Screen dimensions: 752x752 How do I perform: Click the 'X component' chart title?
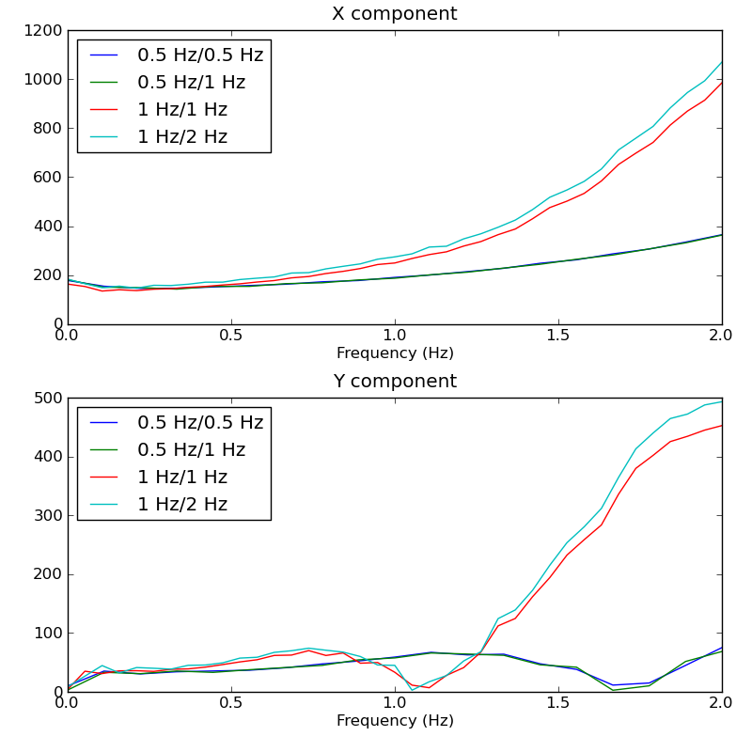tap(394, 14)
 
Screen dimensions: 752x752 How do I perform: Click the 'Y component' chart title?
tap(394, 382)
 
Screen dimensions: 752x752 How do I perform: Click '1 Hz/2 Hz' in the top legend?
tap(182, 137)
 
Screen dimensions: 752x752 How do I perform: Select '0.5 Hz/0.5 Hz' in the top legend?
tap(200, 55)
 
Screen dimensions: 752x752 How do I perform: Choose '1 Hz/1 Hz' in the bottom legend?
tap(182, 478)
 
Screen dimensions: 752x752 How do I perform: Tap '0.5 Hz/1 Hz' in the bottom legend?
tap(191, 450)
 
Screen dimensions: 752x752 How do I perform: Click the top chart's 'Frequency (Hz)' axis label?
tap(395, 353)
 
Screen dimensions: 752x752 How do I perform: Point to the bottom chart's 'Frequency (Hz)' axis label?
tap(395, 721)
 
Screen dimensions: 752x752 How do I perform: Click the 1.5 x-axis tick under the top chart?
tap(558, 336)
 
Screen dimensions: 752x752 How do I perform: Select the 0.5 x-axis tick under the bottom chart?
tap(231, 703)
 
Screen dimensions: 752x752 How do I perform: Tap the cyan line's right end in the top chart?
tap(722, 62)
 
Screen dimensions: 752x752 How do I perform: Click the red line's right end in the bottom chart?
tap(722, 425)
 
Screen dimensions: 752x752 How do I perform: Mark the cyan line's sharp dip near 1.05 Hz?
tap(412, 690)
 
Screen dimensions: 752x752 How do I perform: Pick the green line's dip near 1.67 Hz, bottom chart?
tap(614, 690)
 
